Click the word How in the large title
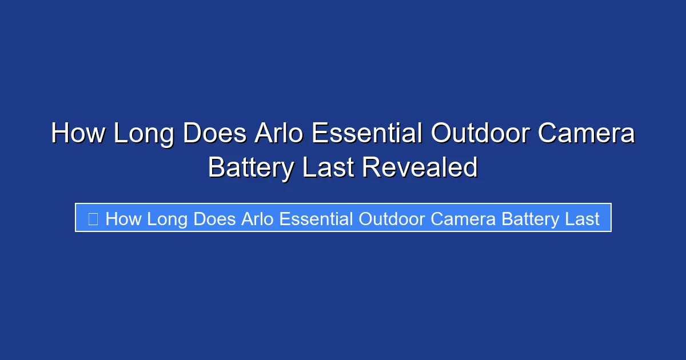point(78,134)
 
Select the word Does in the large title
point(216,134)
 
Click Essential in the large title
point(366,134)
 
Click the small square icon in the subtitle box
point(93,218)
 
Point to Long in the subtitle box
point(167,218)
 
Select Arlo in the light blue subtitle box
point(255,218)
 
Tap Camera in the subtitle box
point(464,218)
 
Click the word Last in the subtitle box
point(581,218)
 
